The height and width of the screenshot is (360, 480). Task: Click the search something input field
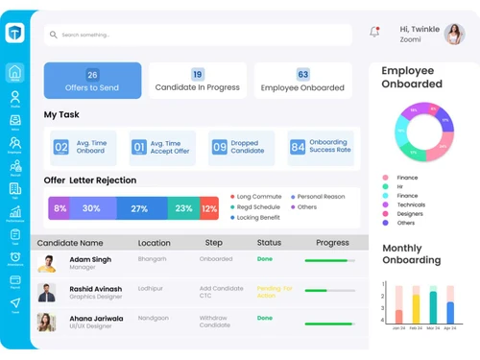[192, 35]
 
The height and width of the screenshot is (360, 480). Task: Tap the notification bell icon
[374, 32]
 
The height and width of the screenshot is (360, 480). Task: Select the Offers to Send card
[92, 81]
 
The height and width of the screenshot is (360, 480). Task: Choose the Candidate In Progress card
[197, 81]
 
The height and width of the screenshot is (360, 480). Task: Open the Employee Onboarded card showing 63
[302, 81]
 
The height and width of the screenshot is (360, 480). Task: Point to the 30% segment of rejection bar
[91, 208]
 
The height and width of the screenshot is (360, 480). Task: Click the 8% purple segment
[60, 208]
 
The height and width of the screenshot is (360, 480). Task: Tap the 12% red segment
[209, 208]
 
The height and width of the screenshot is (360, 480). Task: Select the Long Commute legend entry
[257, 197]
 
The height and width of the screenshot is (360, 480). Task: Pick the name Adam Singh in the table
[90, 259]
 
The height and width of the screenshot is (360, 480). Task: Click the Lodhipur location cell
[152, 288]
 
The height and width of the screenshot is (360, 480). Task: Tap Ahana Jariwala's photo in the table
[46, 322]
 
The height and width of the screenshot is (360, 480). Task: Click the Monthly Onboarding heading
[411, 253]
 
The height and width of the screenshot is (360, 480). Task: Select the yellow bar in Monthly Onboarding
[416, 308]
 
